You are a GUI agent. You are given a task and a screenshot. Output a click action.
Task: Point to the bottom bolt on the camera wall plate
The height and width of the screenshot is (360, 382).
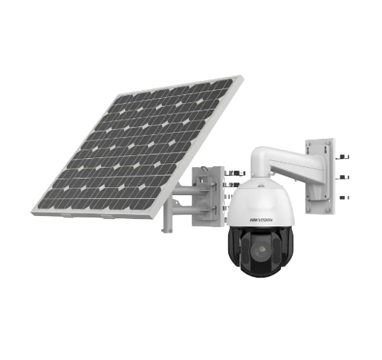(343, 197)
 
